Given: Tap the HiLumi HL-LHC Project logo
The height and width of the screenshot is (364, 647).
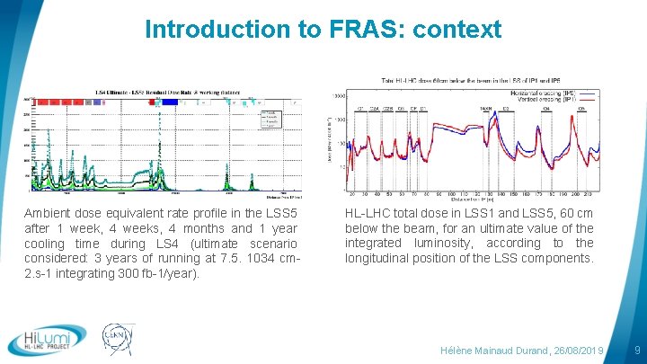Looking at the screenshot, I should pos(47,341).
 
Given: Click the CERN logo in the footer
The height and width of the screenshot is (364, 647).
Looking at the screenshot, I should pos(119,340).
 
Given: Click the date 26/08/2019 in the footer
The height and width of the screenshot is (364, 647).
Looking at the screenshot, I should pos(575,349).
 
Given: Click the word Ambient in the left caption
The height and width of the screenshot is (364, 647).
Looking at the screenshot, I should pos(49,214).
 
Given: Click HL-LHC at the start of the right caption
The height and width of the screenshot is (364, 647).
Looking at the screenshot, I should pos(368,214).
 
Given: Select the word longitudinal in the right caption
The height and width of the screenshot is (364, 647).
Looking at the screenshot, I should pos(379,258).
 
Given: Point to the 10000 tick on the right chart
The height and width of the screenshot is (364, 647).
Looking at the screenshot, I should pos(339,94).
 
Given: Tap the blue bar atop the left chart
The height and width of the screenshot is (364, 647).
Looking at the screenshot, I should pos(165,102).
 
